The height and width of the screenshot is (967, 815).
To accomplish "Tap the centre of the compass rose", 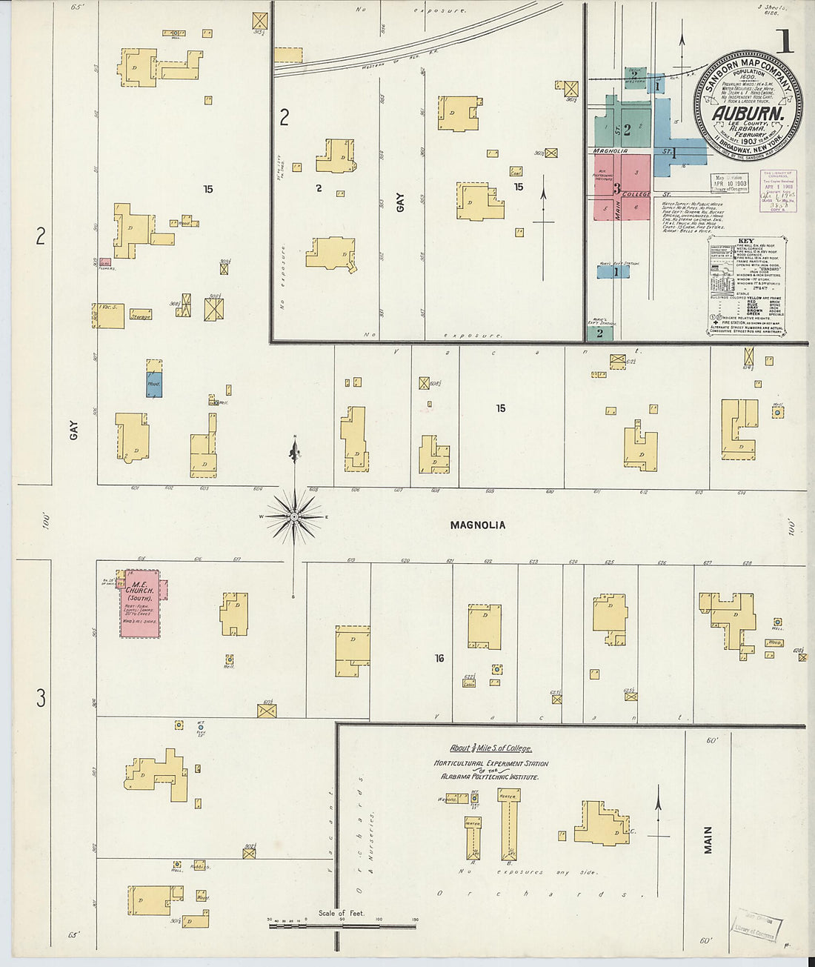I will pyautogui.click(x=294, y=516).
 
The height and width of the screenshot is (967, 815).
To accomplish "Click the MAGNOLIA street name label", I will pyautogui.click(x=478, y=525).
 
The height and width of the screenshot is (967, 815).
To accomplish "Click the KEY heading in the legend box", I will pyautogui.click(x=745, y=242).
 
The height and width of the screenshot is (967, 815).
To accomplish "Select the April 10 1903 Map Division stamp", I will pyautogui.click(x=729, y=183).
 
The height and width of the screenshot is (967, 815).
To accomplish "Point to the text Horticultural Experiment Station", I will pyautogui.click(x=490, y=763).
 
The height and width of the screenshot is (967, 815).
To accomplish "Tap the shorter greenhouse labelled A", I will pyautogui.click(x=473, y=837).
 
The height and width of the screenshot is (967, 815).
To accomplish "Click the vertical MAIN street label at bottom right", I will pyautogui.click(x=708, y=840).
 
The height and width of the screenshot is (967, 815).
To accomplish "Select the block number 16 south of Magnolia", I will pyautogui.click(x=439, y=658).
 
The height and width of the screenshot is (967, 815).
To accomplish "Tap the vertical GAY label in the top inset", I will pyautogui.click(x=401, y=202).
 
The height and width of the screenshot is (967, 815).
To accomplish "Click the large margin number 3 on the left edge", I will pyautogui.click(x=41, y=697).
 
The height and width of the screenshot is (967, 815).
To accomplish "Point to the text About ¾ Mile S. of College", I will pyautogui.click(x=490, y=748).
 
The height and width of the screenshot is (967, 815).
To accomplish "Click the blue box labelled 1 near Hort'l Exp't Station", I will pyautogui.click(x=613, y=272).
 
